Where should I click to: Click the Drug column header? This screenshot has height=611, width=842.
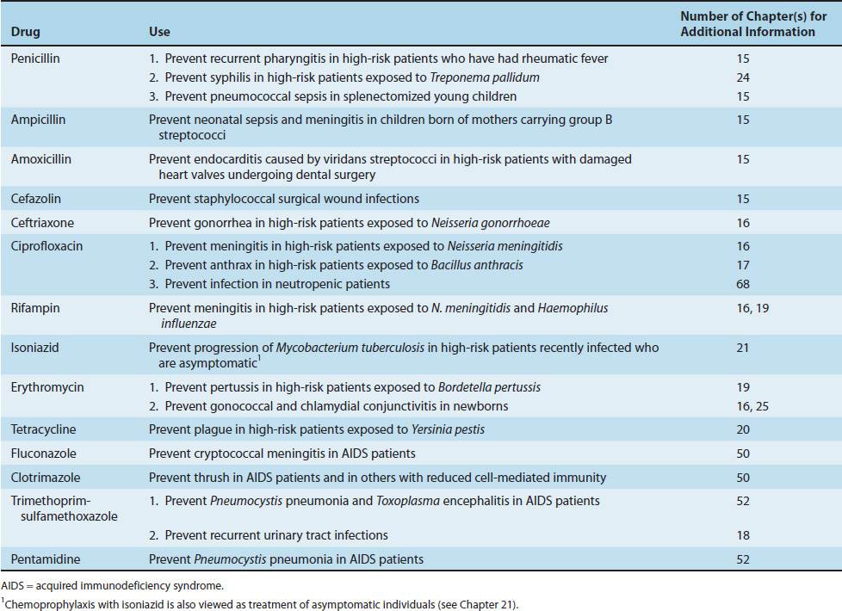25,32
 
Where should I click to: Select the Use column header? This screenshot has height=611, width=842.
159,32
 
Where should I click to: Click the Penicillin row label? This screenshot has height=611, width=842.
35,59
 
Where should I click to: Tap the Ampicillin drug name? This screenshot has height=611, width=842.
38,120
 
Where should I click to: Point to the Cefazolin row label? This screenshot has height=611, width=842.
36,199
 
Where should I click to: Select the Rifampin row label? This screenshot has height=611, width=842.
34,308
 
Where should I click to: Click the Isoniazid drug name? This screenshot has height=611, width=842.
34,348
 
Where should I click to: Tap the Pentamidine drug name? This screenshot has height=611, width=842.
41,559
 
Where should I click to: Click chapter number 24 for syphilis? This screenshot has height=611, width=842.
743,77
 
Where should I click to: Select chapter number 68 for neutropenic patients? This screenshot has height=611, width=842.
743,284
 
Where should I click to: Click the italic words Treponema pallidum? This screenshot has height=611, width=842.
492,77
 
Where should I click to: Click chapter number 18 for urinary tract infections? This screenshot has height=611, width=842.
743,535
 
